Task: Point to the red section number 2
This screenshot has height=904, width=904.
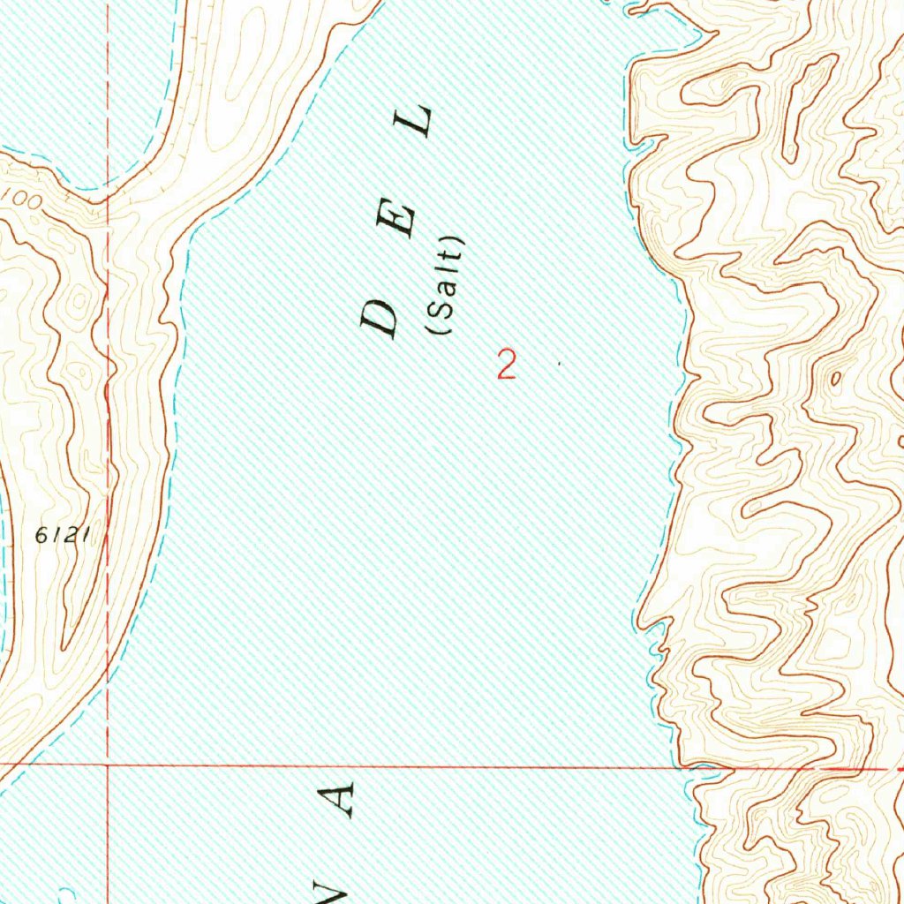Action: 506,365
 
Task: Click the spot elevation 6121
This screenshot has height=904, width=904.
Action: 64,534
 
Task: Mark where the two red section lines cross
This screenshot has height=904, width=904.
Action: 108,765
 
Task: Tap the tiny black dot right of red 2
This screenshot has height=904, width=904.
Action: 559,362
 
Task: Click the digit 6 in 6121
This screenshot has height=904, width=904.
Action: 42,534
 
